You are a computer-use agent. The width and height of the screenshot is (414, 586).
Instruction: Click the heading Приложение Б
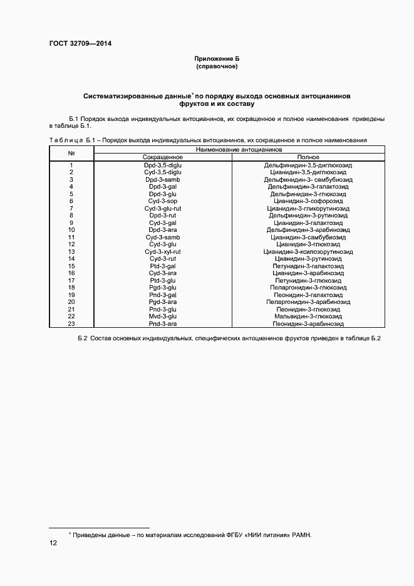click(x=217, y=58)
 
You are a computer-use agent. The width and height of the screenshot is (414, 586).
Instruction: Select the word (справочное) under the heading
click(x=217, y=66)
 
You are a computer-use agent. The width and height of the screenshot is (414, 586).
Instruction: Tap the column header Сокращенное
click(x=162, y=157)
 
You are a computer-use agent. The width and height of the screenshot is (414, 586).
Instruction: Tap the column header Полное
click(x=309, y=157)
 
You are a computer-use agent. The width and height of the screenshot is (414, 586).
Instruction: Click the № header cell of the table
click(x=71, y=154)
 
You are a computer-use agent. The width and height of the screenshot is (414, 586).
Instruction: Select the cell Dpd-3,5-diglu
click(x=162, y=165)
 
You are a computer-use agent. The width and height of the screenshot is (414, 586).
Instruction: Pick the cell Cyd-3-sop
click(x=162, y=201)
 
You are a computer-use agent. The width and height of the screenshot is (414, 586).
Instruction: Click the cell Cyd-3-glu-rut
click(x=162, y=208)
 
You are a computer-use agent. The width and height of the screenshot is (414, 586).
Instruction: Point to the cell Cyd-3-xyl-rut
click(x=162, y=252)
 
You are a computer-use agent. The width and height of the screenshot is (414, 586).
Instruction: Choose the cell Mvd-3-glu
click(x=162, y=317)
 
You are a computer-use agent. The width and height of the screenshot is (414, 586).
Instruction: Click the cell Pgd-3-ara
click(x=162, y=303)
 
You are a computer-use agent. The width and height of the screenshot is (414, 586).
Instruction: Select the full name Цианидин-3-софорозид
click(x=309, y=201)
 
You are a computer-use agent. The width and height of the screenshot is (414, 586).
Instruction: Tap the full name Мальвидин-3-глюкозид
click(x=309, y=317)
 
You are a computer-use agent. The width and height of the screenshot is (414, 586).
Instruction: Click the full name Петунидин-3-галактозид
click(x=309, y=266)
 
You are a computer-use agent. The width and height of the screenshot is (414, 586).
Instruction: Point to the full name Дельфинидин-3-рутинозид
click(x=309, y=216)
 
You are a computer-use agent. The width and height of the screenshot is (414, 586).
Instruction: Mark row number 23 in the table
click(x=71, y=324)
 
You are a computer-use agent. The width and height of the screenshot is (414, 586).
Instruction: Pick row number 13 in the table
click(x=71, y=252)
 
